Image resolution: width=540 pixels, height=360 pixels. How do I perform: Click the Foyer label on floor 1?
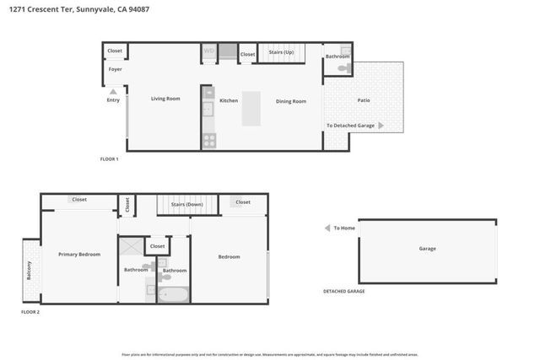[115, 69]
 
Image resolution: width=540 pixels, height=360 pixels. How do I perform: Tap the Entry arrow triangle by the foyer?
[113, 91]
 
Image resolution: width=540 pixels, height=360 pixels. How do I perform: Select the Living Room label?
[165, 99]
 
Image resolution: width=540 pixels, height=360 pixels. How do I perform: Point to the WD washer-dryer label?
[208, 52]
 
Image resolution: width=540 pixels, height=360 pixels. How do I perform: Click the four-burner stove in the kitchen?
[208, 140]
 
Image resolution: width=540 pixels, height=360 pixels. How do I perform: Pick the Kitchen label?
[229, 100]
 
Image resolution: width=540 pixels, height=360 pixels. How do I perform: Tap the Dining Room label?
[291, 101]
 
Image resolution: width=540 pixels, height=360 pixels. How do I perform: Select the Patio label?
[364, 100]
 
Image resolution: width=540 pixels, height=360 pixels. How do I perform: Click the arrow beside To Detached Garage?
[381, 126]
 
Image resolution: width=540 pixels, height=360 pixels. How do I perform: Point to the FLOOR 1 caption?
[110, 159]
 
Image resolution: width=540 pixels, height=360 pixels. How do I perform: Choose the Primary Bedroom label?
[79, 254]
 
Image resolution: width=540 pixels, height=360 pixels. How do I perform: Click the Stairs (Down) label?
[186, 204]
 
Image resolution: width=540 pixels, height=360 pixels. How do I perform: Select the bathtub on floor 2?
[173, 294]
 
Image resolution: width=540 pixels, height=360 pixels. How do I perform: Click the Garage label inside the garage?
[428, 249]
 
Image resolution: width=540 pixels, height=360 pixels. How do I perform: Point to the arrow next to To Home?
[327, 228]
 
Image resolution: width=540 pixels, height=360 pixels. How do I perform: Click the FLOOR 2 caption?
[30, 312]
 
